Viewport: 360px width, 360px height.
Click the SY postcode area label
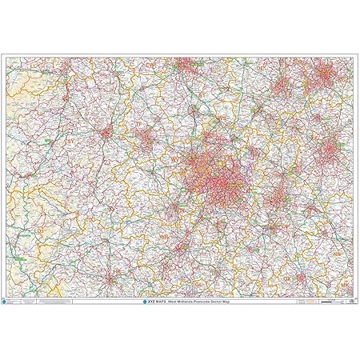(x=70, y=141)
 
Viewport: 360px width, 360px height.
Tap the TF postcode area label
(x=137, y=126)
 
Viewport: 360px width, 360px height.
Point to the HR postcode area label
(x=117, y=272)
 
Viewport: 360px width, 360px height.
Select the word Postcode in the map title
(x=208, y=302)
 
